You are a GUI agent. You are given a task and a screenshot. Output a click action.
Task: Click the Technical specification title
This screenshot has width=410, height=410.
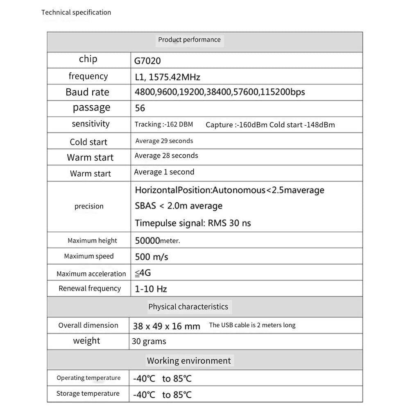[x=76, y=12]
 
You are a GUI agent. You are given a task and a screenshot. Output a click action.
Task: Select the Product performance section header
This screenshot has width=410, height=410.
[x=189, y=40]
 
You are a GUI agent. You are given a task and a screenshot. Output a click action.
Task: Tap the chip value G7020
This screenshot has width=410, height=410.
[x=147, y=61]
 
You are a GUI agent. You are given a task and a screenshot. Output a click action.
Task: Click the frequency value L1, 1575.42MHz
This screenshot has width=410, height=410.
[x=167, y=77]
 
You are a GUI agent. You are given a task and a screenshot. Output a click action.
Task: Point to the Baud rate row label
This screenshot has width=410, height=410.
[x=87, y=92]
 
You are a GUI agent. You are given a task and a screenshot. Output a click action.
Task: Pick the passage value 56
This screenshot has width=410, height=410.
[x=140, y=108]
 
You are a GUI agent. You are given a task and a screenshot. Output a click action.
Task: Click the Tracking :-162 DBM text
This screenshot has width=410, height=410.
[x=163, y=124]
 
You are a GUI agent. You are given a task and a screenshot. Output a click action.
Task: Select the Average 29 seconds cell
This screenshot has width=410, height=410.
[x=164, y=141]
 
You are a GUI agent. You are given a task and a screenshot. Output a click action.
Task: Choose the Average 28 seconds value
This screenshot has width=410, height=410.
[x=166, y=156]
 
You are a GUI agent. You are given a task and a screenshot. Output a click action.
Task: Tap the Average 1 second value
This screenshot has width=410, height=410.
[x=164, y=172]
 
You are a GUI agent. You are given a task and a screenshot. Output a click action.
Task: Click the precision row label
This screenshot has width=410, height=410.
[x=89, y=206]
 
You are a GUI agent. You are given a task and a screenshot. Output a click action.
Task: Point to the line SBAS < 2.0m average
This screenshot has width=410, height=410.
[x=179, y=206]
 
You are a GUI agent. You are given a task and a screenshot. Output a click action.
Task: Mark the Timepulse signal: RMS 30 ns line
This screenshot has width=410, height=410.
[x=193, y=223]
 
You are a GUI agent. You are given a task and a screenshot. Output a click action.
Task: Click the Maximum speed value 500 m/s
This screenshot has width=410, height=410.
[x=152, y=257]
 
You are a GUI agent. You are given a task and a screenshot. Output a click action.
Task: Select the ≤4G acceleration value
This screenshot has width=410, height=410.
[x=143, y=273]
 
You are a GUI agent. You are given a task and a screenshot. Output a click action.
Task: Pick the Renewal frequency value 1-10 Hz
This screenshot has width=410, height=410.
[x=151, y=289]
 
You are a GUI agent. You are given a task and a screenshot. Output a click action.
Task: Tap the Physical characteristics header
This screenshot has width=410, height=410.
[x=188, y=307]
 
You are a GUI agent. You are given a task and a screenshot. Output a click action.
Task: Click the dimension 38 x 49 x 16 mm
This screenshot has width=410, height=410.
[x=166, y=326]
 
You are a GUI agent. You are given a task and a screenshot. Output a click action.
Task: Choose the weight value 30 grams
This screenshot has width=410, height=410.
[x=149, y=341]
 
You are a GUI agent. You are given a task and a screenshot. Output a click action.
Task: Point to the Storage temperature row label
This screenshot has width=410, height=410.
[x=88, y=394]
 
